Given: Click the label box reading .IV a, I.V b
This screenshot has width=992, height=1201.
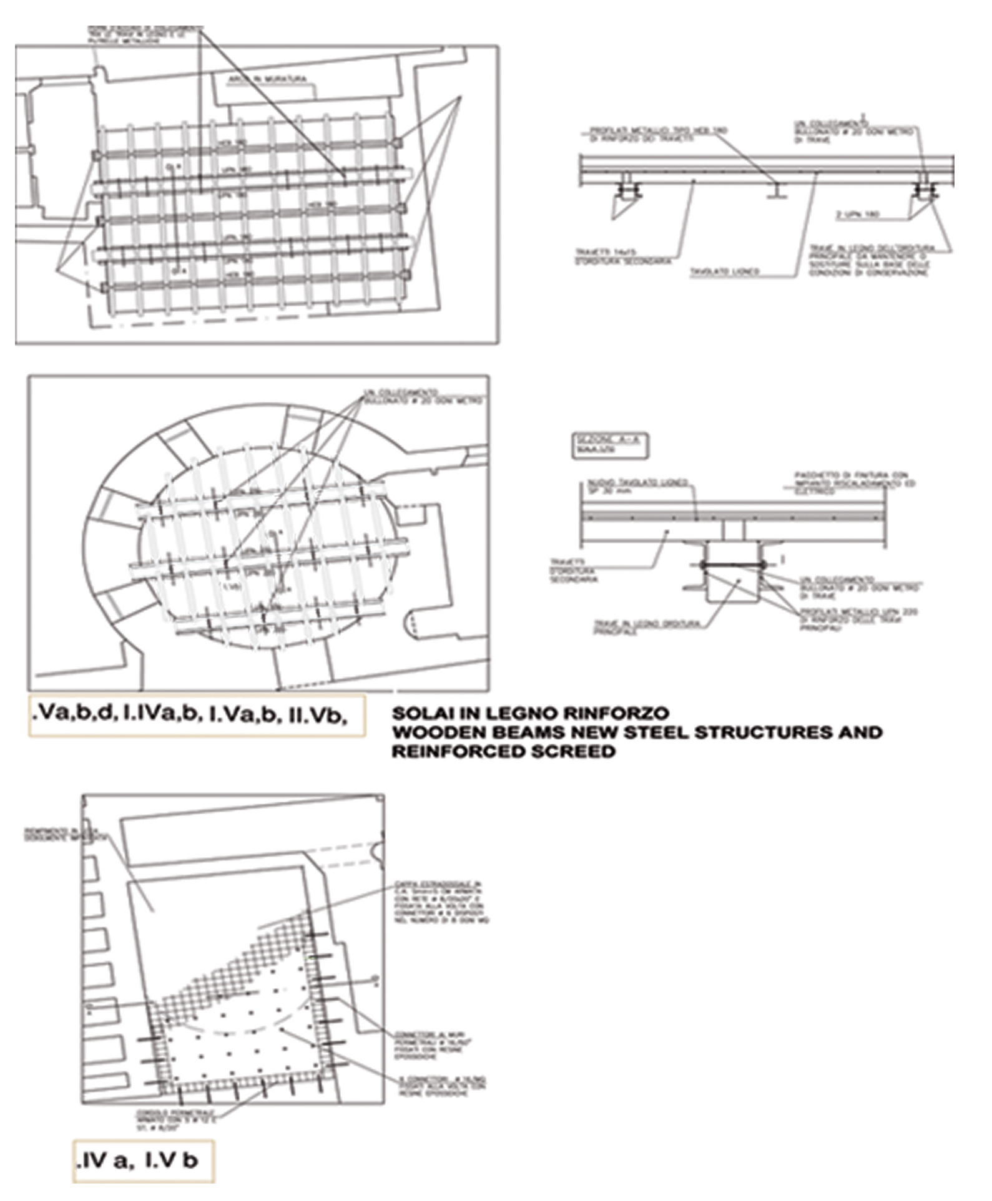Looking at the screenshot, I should click(143, 1161).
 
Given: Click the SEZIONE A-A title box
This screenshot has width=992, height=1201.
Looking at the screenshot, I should click(609, 445).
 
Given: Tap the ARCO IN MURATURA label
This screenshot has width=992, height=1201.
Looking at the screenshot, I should click(267, 80).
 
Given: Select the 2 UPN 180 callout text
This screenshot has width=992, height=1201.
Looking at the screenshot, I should click(857, 215).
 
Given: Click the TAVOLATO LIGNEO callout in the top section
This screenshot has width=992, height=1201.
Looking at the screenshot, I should click(724, 271).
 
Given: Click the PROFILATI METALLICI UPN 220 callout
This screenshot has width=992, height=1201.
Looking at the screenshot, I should click(858, 620).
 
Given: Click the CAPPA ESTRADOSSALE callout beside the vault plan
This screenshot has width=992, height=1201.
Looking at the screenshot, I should click(441, 902).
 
